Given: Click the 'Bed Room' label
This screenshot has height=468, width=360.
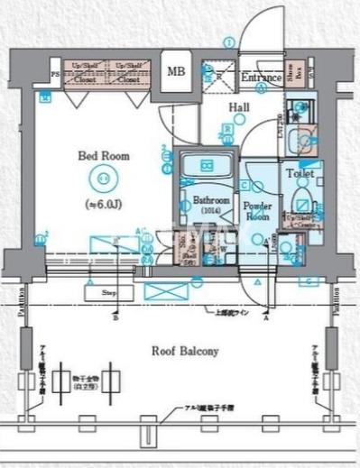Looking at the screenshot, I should [x=103, y=156].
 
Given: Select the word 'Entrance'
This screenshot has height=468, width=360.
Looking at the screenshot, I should [x=262, y=78].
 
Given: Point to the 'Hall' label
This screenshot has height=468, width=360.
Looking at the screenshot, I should [x=238, y=107].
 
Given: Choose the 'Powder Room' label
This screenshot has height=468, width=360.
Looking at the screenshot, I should [x=257, y=211].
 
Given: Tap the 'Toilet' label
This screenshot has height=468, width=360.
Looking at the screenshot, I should [x=300, y=172].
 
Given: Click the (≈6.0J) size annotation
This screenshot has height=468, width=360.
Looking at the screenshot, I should [x=104, y=205].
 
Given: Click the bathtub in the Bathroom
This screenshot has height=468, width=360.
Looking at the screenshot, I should [x=207, y=166].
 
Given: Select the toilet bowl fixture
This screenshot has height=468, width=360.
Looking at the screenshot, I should [x=301, y=200].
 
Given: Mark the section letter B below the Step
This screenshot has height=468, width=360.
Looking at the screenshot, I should [x=115, y=318].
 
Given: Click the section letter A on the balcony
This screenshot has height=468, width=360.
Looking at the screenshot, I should [x=266, y=318].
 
